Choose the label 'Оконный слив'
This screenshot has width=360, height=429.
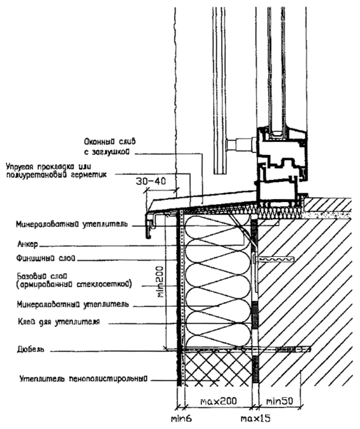point(111,142)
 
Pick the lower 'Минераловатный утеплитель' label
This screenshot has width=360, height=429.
point(72,304)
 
